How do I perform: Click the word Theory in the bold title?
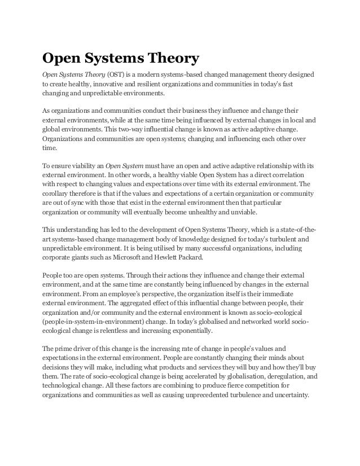170,58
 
